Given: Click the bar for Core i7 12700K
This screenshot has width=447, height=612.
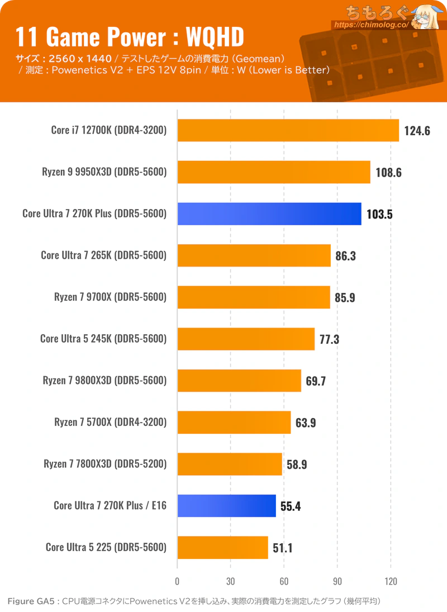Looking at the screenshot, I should pyautogui.click(x=288, y=130).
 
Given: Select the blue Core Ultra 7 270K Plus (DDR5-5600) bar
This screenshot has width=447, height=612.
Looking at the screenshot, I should pyautogui.click(x=269, y=214).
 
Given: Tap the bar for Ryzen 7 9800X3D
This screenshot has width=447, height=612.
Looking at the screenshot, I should pyautogui.click(x=239, y=381).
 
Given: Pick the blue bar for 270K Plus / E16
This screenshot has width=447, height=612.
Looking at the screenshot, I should pyautogui.click(x=227, y=506).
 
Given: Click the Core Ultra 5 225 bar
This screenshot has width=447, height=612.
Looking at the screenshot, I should pyautogui.click(x=223, y=547).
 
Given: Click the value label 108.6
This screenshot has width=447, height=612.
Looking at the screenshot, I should pyautogui.click(x=388, y=173).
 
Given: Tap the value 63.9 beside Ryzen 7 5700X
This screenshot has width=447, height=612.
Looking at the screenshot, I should pyautogui.click(x=306, y=423).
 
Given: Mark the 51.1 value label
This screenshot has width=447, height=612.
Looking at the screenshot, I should pyautogui.click(x=283, y=548).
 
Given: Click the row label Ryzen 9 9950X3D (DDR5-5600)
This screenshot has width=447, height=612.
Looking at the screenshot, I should pyautogui.click(x=104, y=172).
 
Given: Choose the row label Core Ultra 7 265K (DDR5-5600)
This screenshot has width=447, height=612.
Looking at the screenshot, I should pyautogui.click(x=104, y=255).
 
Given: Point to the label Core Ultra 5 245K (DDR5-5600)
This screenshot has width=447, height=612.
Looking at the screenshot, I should pyautogui.click(x=103, y=339).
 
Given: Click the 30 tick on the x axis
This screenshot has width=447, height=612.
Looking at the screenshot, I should pyautogui.click(x=231, y=581).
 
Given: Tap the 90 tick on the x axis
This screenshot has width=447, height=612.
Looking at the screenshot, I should pyautogui.click(x=337, y=581).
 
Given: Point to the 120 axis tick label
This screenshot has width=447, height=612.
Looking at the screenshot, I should pyautogui.click(x=391, y=581).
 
